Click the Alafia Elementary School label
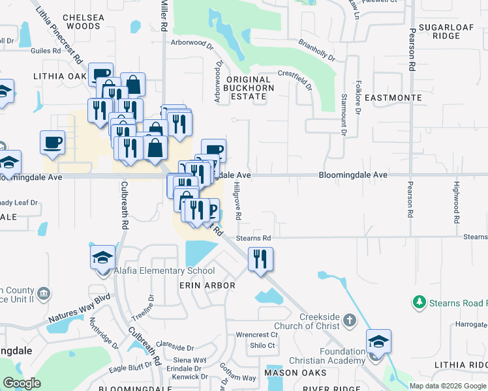(164, 270)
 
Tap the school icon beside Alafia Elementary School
(103, 258)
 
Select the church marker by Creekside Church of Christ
(349, 319)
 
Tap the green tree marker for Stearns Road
(418, 302)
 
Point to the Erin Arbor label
(207, 285)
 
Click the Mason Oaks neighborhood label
(291, 373)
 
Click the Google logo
(22, 383)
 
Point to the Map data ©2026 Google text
(447, 386)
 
